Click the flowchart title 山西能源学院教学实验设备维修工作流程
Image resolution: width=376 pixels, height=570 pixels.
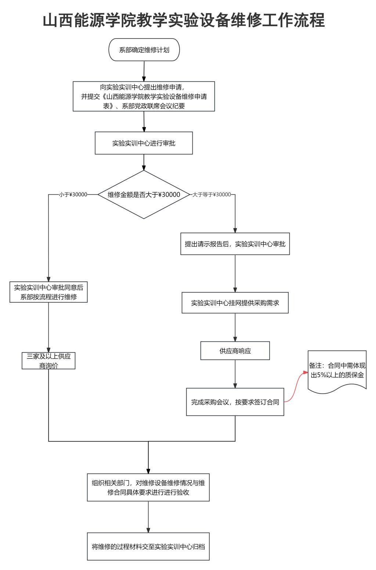tap(184, 20)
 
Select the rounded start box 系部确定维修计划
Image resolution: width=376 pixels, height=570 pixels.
tap(144, 50)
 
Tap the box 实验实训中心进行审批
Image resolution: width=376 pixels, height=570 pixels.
tap(144, 143)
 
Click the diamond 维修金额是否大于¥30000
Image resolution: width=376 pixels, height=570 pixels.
tap(144, 194)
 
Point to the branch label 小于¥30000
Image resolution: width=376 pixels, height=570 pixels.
tap(73, 194)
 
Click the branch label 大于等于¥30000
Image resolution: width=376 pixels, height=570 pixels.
tap(212, 194)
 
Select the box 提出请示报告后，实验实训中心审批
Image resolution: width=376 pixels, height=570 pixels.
tap(235, 244)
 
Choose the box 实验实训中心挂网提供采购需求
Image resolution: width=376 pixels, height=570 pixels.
tap(235, 303)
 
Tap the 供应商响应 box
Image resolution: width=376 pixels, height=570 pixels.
tap(235, 351)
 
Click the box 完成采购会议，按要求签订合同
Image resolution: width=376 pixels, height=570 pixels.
tap(235, 402)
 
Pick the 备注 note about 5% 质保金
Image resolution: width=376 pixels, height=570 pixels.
tap(337, 371)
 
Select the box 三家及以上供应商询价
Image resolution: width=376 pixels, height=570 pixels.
tap(48, 361)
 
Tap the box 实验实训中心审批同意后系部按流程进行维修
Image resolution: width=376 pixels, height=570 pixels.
tap(48, 292)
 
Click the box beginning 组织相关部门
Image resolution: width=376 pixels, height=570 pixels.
tap(148, 487)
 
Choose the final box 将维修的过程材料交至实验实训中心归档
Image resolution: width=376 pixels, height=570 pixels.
tap(148, 547)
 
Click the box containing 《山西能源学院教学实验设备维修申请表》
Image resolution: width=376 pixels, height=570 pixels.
tap(144, 96)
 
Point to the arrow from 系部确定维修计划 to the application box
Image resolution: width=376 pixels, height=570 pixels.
tap(144, 71)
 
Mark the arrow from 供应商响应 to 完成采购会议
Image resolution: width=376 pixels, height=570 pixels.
tap(235, 374)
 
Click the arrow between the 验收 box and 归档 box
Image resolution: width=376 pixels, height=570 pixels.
tap(148, 517)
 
